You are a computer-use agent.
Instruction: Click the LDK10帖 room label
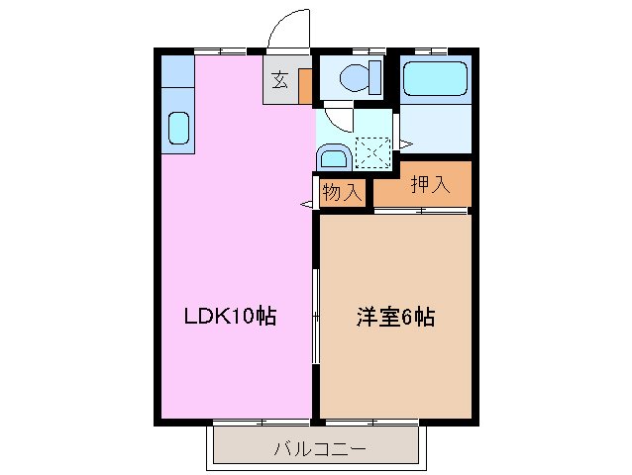(x=229, y=318)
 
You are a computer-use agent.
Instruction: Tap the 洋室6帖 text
(x=395, y=318)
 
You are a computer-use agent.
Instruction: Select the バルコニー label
(x=319, y=449)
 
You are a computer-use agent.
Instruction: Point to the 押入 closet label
(x=431, y=184)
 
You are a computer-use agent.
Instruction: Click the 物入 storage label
(x=342, y=193)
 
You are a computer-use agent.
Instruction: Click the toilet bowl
(x=357, y=75)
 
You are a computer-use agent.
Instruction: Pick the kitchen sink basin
(x=178, y=128)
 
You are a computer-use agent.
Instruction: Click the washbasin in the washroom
(x=333, y=156)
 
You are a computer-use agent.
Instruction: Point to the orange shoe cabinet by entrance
(x=305, y=86)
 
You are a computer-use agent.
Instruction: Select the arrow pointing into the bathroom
(x=405, y=144)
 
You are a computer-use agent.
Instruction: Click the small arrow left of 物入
(x=306, y=204)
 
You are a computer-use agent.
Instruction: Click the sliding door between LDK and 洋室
(x=316, y=317)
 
